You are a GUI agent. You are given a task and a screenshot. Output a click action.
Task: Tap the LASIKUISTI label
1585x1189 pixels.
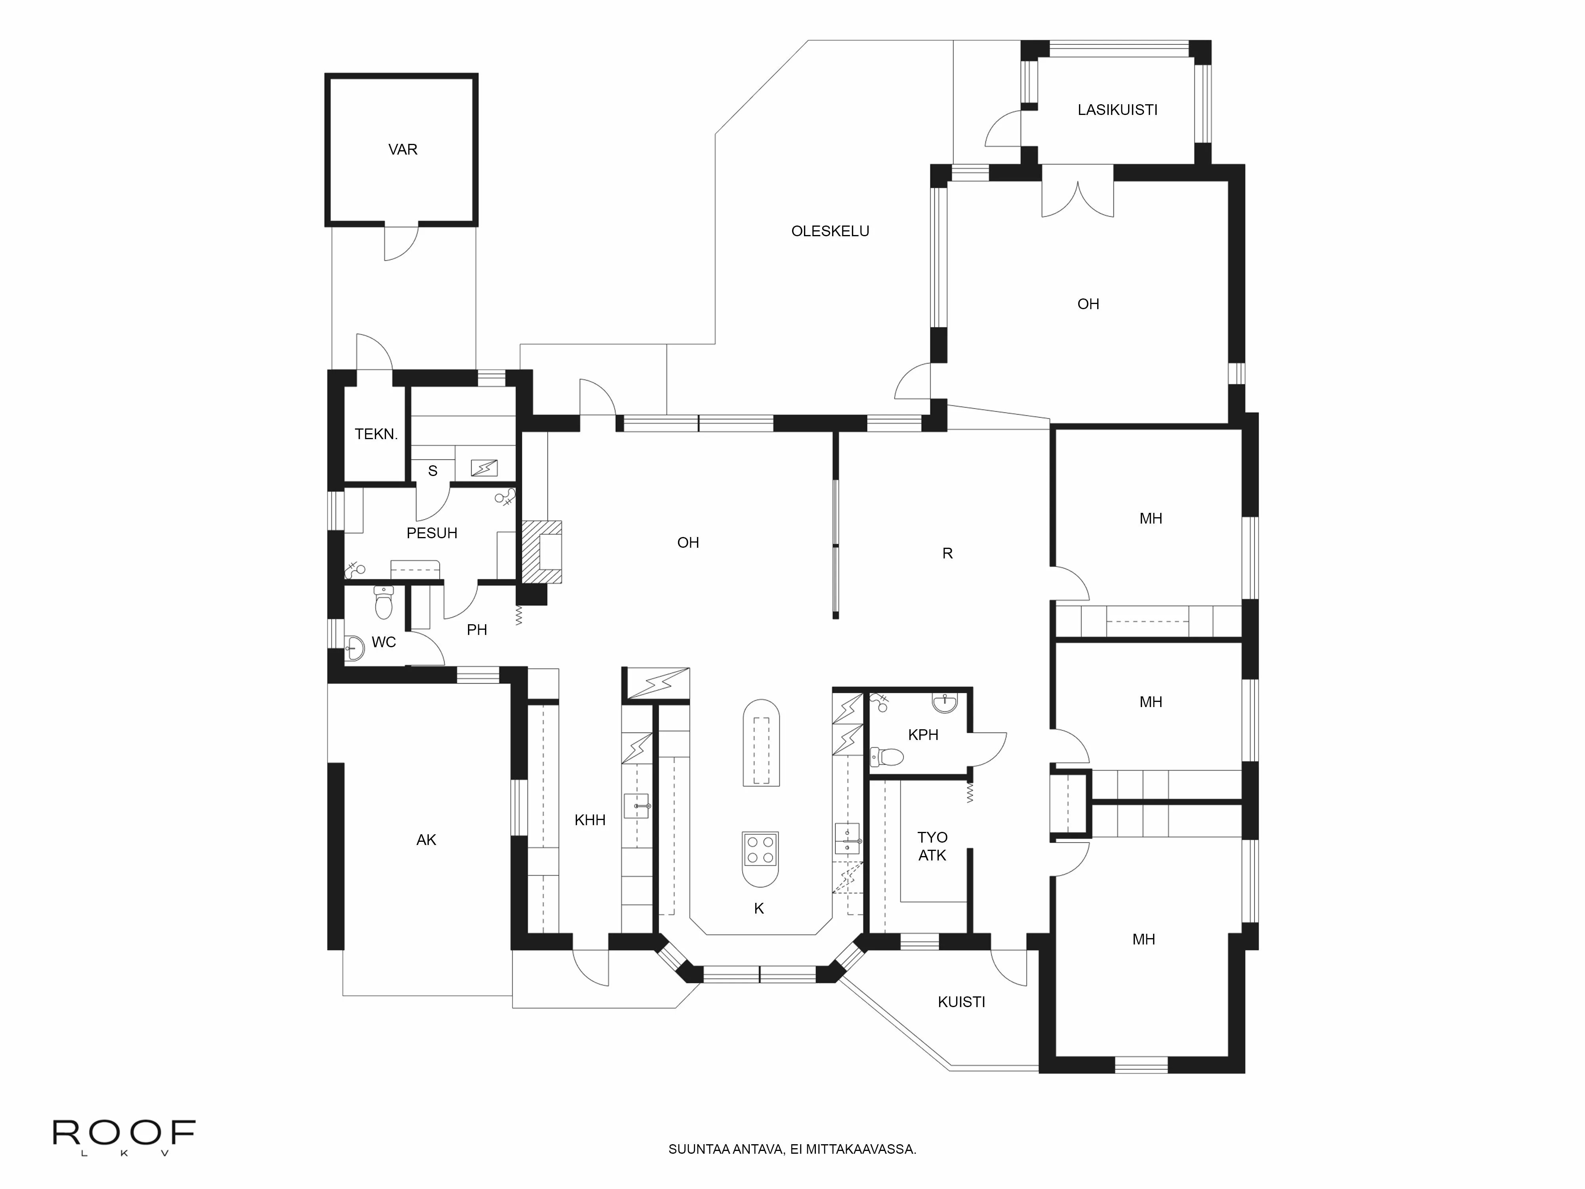coord(1117,110)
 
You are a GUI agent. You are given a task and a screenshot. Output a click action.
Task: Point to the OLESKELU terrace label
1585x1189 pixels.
coord(830,231)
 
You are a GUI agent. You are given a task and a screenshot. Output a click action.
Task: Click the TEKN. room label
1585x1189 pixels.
coord(376,434)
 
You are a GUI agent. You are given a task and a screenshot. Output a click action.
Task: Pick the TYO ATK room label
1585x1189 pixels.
coord(932,846)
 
